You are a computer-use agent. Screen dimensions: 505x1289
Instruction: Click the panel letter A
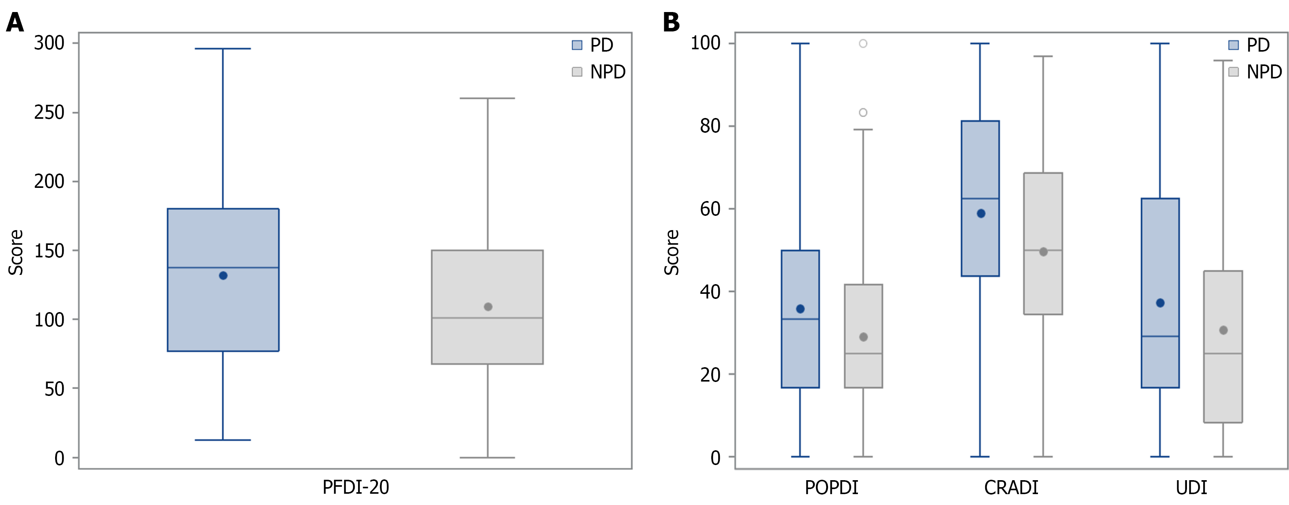15,23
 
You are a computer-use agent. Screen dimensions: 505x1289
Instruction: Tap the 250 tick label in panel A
49,113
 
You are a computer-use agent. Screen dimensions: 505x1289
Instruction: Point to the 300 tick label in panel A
49,43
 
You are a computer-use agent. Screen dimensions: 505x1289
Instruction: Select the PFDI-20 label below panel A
355,488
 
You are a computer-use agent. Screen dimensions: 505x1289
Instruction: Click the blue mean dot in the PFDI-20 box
223,276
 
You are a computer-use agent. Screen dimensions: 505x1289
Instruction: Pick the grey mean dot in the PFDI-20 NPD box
488,307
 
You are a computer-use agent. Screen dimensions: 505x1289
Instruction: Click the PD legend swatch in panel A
577,45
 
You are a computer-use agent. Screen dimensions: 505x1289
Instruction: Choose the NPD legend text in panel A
608,72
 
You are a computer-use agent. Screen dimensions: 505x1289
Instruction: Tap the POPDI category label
831,488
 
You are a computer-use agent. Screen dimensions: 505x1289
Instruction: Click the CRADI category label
1011,488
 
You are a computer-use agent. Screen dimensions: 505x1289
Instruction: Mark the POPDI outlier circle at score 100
863,43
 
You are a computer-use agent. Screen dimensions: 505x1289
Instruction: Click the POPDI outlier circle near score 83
863,113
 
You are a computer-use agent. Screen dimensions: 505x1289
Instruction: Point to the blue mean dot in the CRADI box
981,214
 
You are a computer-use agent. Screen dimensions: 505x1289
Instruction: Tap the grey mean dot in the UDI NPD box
1223,330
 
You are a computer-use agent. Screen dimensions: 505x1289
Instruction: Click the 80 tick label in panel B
710,126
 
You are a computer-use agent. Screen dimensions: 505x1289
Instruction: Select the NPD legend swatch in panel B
1234,72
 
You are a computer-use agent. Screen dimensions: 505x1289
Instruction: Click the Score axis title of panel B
672,252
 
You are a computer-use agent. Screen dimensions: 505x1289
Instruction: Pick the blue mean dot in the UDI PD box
1161,303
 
